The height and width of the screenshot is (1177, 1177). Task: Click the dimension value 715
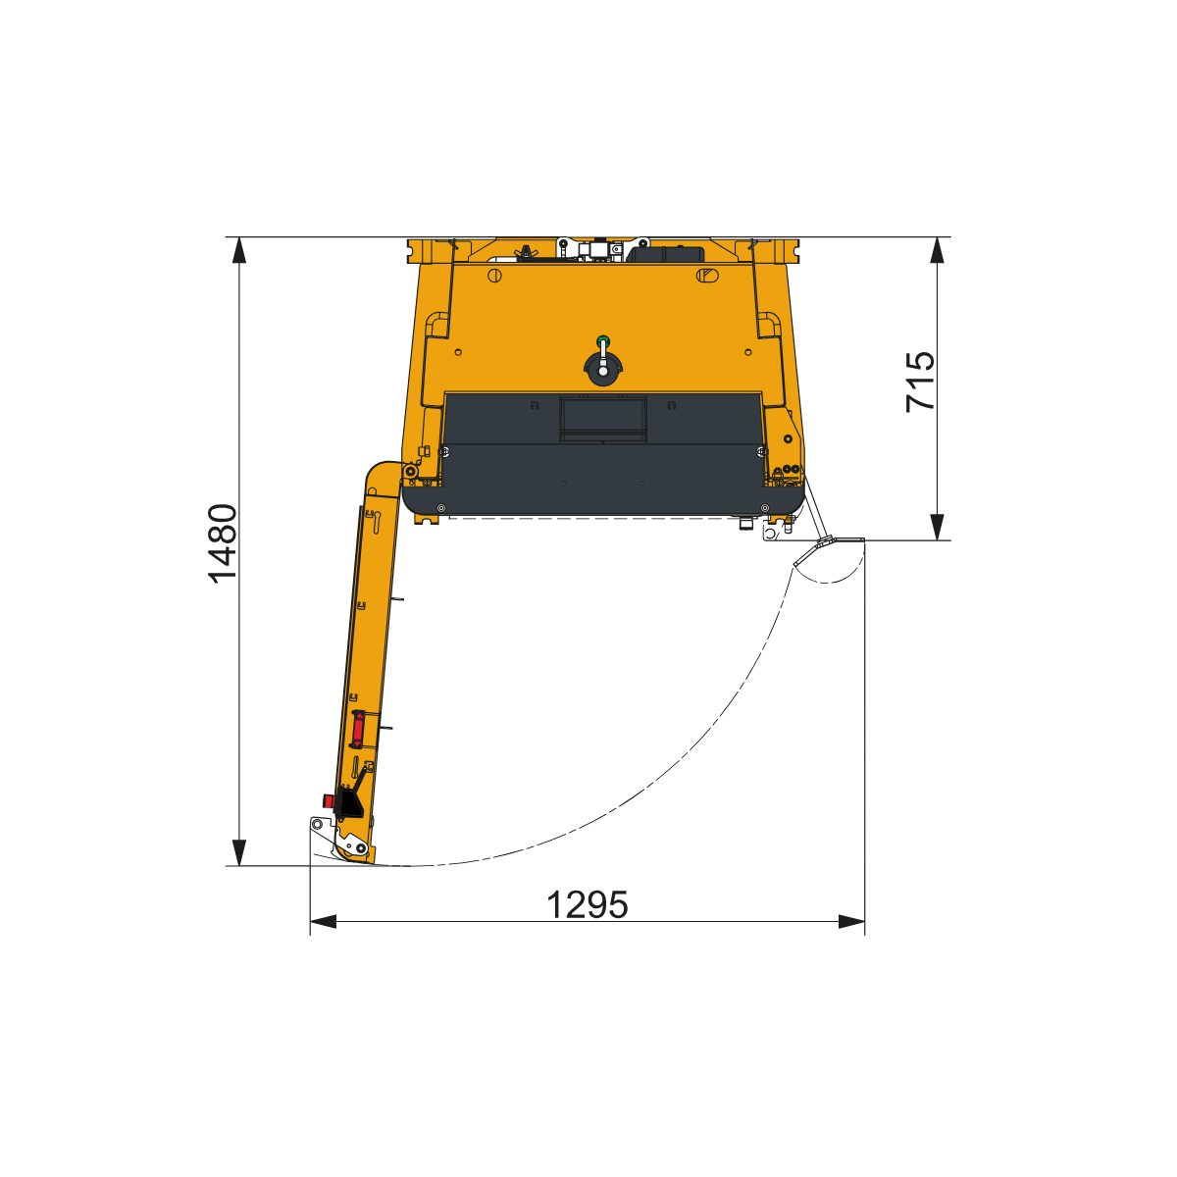(x=920, y=382)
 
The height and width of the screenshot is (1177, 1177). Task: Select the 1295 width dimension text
(x=587, y=905)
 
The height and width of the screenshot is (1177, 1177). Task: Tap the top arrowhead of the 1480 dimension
(x=239, y=250)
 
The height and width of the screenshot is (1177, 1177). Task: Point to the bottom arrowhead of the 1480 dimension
(x=239, y=852)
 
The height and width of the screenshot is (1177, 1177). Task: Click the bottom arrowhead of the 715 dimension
(x=937, y=527)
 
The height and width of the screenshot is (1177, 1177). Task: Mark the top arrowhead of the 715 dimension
(x=937, y=250)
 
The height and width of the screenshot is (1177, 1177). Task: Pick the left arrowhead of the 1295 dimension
(x=323, y=922)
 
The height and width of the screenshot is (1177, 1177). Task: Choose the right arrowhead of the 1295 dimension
(x=851, y=922)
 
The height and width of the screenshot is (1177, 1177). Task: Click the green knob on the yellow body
(x=603, y=339)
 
